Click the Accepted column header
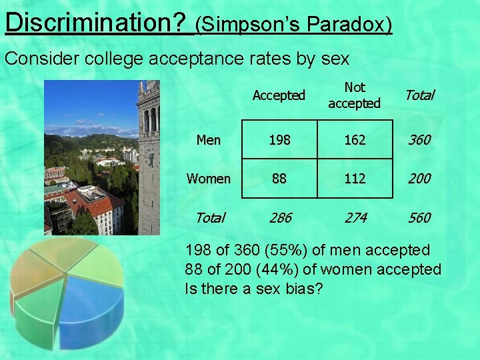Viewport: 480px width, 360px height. [279, 95]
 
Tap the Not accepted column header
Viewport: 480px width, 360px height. [354, 95]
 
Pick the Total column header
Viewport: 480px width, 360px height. [419, 95]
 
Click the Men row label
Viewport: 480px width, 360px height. [209, 140]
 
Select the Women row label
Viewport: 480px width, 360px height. [209, 179]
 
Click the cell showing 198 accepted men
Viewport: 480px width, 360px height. [279, 140]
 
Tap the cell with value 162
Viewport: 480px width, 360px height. [354, 140]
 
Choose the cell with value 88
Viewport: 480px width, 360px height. [279, 179]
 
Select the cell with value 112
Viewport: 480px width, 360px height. [354, 179]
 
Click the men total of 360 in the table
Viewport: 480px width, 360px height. [419, 140]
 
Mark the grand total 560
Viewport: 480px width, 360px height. [419, 217]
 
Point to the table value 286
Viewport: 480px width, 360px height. [279, 217]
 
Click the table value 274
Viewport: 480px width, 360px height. [354, 217]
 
